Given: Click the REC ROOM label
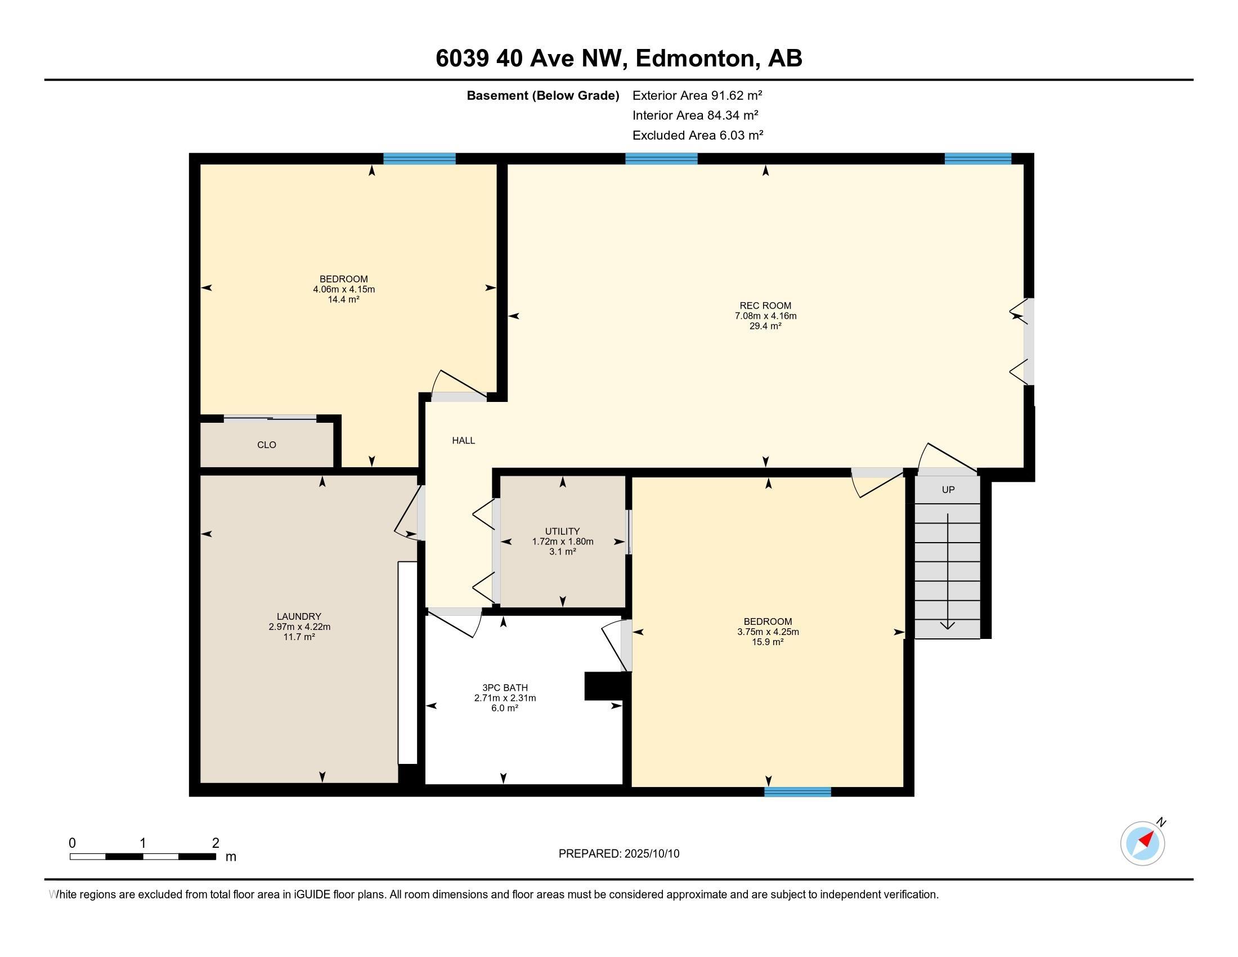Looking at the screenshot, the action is pos(765,306).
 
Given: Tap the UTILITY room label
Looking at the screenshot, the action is pos(562,531).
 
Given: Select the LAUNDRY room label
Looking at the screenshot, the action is pos(299,616).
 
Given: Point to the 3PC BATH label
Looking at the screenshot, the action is pos(505,688).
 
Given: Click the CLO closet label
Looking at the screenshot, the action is pos(266,445).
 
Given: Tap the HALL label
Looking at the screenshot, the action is pos(463,441).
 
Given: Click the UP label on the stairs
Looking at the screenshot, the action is pos(948,490).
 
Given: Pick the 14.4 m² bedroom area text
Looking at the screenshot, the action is pos(343,299).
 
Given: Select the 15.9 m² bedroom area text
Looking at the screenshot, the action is pos(768,642).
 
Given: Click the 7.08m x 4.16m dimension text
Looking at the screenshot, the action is pos(765,316).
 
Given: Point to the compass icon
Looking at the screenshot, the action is pos(1143,843).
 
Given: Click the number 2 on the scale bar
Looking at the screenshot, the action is pos(216,843).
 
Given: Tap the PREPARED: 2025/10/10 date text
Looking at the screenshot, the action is pos(619,854).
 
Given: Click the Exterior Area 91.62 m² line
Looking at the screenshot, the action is pos(697,95).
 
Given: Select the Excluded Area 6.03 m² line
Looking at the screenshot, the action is pos(698,135).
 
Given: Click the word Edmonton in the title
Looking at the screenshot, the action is pos(697,59).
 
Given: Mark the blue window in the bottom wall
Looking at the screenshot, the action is pos(797,792).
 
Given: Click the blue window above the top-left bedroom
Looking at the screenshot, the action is pos(419,159).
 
